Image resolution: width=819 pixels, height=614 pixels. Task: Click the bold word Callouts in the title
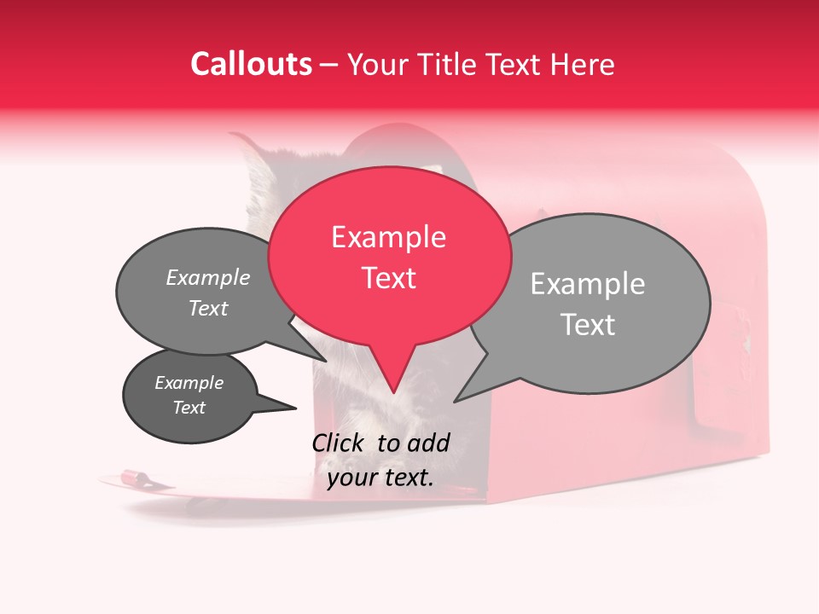coord(251,64)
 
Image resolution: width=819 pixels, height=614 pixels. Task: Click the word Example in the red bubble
coord(388,236)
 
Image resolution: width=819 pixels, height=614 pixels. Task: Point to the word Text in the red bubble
coord(388,278)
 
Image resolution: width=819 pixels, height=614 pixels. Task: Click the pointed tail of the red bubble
coord(392,380)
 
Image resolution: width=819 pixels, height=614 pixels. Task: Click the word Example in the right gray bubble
coord(588,284)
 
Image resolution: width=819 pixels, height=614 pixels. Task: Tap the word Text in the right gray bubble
coord(588,325)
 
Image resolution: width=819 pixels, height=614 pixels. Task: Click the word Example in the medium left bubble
coord(208,278)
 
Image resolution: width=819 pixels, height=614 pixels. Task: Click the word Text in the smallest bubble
coord(189,408)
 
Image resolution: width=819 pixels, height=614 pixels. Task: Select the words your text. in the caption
coord(380,478)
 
